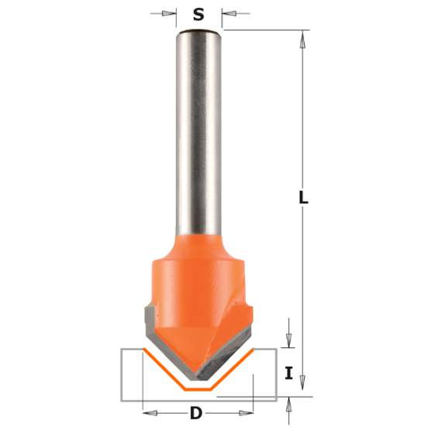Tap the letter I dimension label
coord(289,374)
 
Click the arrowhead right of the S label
coord(226,13)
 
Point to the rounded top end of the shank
coord(199,33)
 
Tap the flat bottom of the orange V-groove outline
coord(197,387)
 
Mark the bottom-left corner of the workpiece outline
coord(122,401)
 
